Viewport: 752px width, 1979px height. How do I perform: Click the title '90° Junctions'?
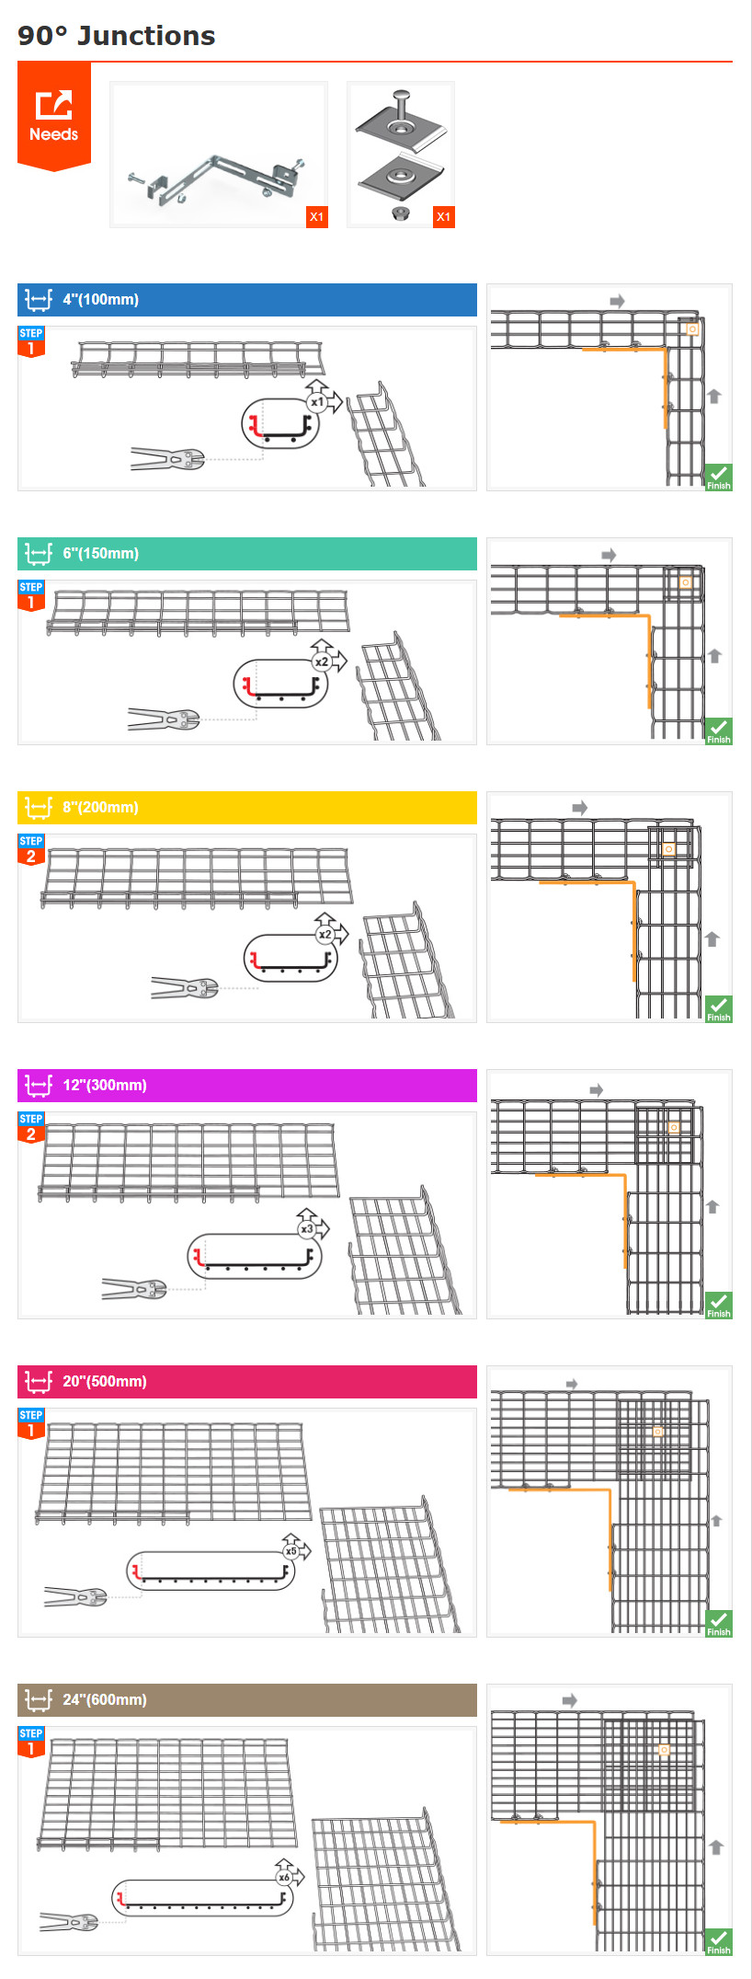click(116, 36)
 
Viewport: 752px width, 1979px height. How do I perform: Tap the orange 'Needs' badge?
click(54, 116)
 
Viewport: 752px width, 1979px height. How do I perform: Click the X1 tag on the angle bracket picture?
click(316, 217)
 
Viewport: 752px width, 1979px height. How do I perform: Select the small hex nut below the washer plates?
click(400, 213)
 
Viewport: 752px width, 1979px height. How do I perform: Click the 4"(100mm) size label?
click(101, 299)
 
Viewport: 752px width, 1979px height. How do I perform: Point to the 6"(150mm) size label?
click(101, 553)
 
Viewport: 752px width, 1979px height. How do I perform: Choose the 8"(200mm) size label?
click(101, 807)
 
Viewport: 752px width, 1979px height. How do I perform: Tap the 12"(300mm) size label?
click(105, 1085)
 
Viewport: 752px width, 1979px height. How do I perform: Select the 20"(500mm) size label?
click(105, 1381)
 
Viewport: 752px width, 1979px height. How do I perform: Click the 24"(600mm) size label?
click(105, 1699)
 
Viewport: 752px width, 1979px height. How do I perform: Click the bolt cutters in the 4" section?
click(166, 458)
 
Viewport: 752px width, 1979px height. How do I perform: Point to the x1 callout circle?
click(317, 402)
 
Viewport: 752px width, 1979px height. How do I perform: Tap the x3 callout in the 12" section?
click(307, 1229)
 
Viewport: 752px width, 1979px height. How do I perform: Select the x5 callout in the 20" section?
click(291, 1550)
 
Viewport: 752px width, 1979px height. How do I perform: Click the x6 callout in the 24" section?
click(284, 1877)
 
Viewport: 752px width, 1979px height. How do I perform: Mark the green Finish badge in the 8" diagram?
click(719, 1008)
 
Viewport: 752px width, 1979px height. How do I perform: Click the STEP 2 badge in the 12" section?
click(31, 1127)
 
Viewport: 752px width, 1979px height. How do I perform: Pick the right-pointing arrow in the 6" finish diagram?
click(609, 555)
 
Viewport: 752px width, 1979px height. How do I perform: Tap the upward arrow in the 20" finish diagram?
click(717, 1521)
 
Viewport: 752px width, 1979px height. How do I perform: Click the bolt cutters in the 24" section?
click(69, 1922)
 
